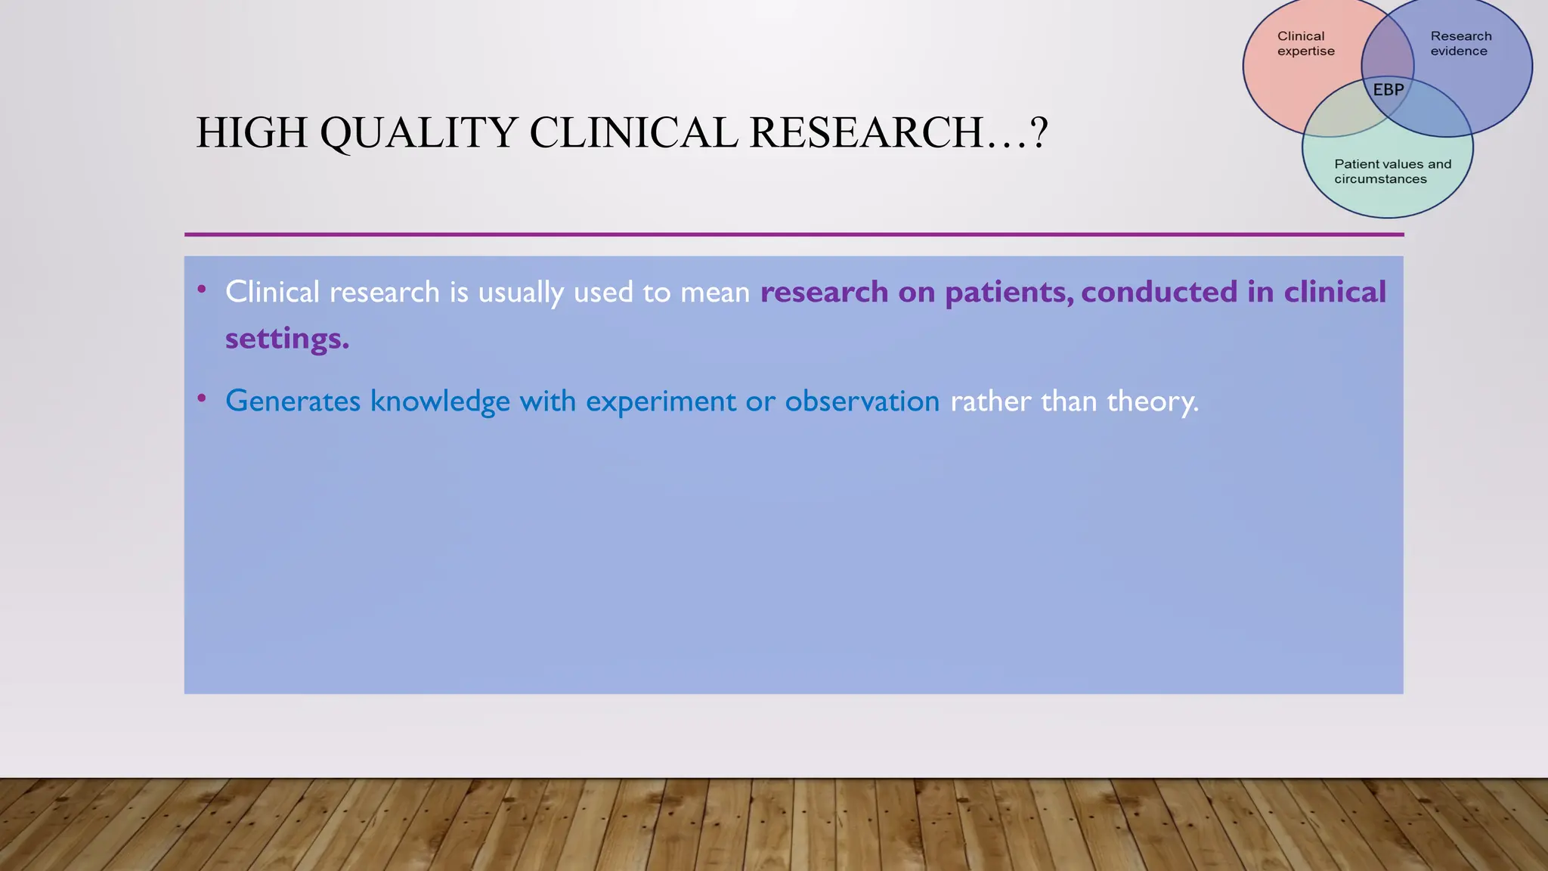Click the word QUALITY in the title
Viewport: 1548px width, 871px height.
click(x=419, y=133)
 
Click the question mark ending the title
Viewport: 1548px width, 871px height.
click(x=1039, y=133)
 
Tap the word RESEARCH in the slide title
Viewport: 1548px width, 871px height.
click(x=867, y=133)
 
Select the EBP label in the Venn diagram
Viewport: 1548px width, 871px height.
click(x=1388, y=90)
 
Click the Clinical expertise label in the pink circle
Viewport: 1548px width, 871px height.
click(x=1305, y=44)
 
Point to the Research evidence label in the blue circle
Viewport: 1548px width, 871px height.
click(x=1460, y=44)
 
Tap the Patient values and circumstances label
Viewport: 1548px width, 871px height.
click(x=1392, y=172)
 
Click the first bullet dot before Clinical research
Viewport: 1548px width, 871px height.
click(x=202, y=289)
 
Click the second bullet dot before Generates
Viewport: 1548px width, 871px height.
click(x=202, y=398)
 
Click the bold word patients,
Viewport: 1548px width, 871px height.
click(x=1009, y=293)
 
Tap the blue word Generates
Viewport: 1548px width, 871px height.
click(x=293, y=401)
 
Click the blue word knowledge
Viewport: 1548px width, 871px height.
click(x=439, y=401)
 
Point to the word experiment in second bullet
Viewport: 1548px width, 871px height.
click(x=661, y=401)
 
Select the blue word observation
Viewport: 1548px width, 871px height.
click(x=862, y=401)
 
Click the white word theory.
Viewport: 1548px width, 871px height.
click(x=1152, y=401)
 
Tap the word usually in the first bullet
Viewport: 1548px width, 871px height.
click(x=521, y=293)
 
